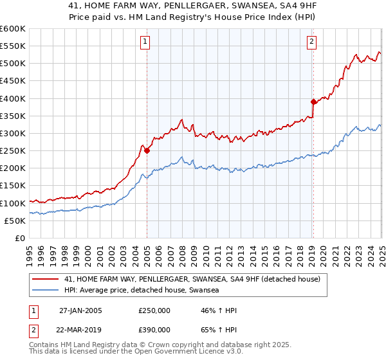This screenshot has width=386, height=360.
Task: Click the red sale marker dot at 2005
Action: (x=147, y=151)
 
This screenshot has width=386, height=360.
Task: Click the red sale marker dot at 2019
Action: (x=313, y=102)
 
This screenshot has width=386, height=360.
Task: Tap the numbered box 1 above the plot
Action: (x=145, y=42)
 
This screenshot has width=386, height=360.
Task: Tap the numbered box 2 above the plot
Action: (x=311, y=42)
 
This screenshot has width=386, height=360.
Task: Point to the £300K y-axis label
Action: (x=12, y=133)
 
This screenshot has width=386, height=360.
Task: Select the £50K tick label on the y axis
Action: (x=15, y=221)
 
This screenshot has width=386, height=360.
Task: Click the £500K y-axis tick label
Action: (x=12, y=63)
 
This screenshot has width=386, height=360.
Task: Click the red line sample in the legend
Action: (x=45, y=280)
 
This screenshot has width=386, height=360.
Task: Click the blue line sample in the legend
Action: (x=45, y=290)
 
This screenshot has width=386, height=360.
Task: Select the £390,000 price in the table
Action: (x=154, y=330)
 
